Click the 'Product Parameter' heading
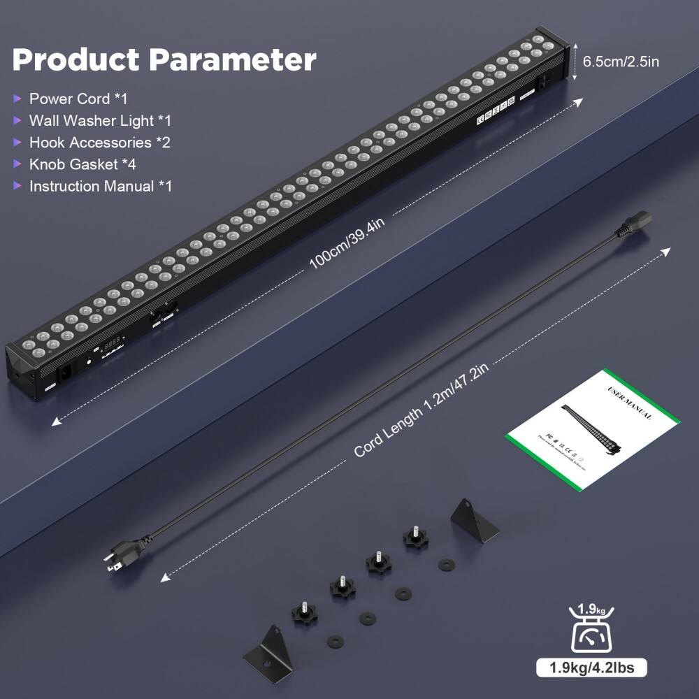[164, 60]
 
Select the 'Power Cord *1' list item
[78, 99]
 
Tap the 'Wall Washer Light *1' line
[99, 120]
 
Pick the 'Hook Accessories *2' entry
[99, 143]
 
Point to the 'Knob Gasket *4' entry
[82, 164]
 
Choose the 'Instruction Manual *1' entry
[100, 186]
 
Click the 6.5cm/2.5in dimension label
[621, 61]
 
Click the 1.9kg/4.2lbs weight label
[591, 668]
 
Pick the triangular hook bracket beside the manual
[474, 520]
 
